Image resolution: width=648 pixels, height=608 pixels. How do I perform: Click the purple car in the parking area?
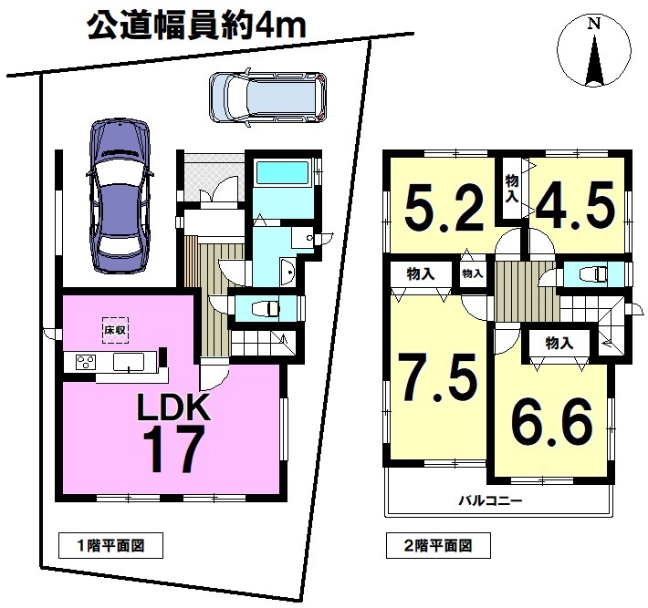pos(119,196)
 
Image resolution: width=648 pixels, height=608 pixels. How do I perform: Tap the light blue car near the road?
pos(267,98)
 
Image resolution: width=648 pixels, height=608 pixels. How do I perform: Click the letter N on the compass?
pos(594,24)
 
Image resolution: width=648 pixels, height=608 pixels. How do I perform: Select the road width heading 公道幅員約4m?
pos(197,27)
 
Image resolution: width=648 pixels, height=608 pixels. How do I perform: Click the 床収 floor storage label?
pos(115,330)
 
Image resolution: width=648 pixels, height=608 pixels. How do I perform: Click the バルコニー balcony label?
pos(491,501)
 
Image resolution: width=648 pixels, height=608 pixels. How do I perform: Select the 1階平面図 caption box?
pos(110,546)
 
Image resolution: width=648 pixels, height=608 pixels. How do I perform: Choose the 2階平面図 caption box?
pos(438,546)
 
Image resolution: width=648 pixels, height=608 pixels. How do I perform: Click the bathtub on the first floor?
pos(283,171)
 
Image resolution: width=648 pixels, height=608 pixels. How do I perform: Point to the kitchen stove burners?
pos(86,362)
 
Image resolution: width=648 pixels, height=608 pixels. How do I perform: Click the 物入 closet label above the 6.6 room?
pos(559,343)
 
